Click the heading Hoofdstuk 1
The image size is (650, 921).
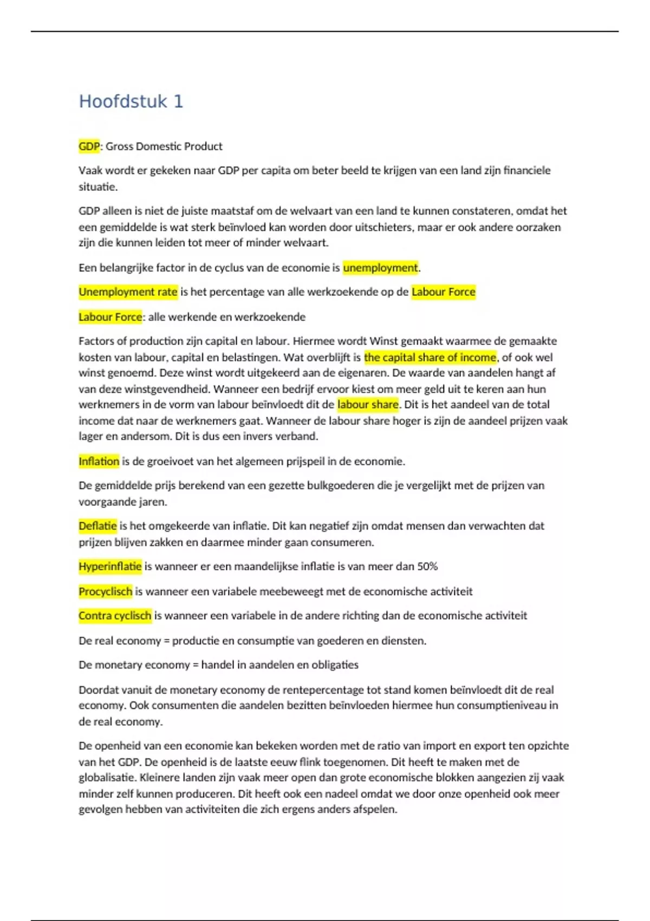pos(131,101)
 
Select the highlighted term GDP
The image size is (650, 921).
pos(89,146)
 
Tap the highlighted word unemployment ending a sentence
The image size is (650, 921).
pos(380,268)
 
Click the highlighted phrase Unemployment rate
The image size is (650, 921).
pos(128,292)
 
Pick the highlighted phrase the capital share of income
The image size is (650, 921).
pos(430,358)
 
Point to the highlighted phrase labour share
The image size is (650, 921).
pos(368,405)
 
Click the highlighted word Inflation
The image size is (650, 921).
pos(99,462)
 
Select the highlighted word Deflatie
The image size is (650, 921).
pos(97,526)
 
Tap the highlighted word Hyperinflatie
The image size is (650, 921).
pos(110,567)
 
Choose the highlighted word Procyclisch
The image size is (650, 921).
pos(105,592)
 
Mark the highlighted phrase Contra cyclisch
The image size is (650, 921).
pos(115,616)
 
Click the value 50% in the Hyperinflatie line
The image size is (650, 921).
pos(427,567)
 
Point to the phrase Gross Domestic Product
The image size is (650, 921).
pos(164,146)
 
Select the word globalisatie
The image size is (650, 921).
pos(106,778)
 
